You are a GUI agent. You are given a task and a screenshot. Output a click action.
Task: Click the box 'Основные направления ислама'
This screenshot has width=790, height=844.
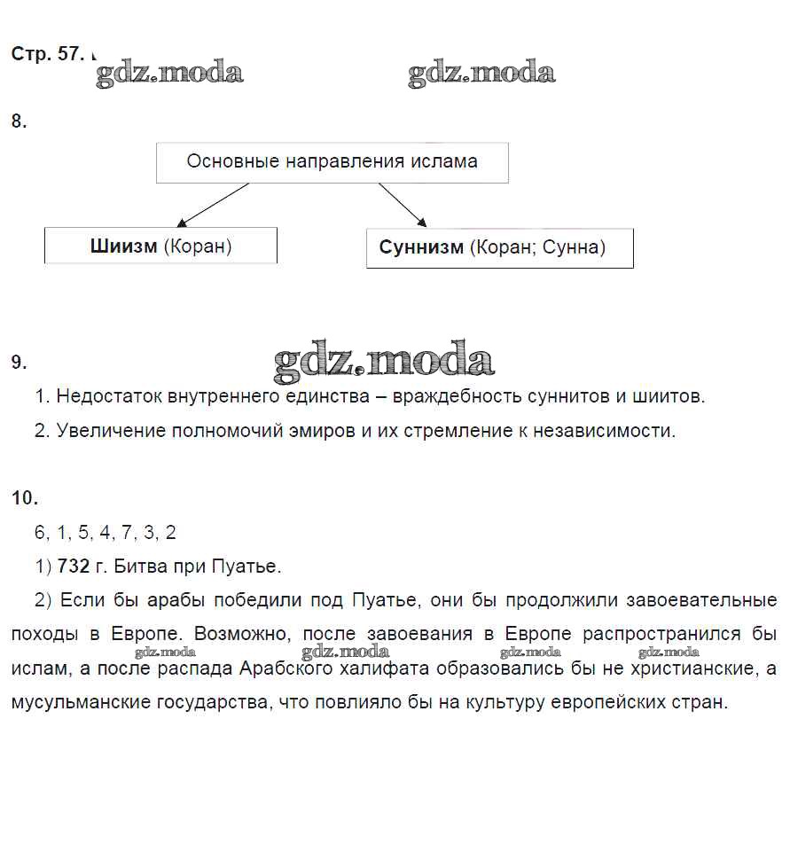[x=332, y=162]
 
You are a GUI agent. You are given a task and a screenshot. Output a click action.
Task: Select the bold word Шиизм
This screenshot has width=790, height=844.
[x=123, y=246]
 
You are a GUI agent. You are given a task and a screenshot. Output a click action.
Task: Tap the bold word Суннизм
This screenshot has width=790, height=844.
[x=421, y=247]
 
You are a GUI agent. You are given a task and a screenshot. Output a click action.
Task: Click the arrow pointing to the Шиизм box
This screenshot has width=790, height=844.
[x=212, y=205]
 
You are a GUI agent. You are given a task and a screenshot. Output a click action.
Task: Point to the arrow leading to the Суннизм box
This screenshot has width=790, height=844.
[x=403, y=205]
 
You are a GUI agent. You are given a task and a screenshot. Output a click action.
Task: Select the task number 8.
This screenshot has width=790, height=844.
[x=19, y=122]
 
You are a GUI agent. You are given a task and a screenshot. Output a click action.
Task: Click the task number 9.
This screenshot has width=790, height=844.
[x=19, y=362]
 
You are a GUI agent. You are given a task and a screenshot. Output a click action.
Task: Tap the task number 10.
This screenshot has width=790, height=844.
[x=24, y=498]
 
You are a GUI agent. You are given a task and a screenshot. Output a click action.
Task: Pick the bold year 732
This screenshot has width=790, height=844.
[x=73, y=566]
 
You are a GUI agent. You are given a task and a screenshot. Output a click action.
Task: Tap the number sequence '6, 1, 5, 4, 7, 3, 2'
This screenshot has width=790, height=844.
[x=106, y=532]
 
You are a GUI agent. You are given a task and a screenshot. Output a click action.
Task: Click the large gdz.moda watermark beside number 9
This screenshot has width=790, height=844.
[x=383, y=361]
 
